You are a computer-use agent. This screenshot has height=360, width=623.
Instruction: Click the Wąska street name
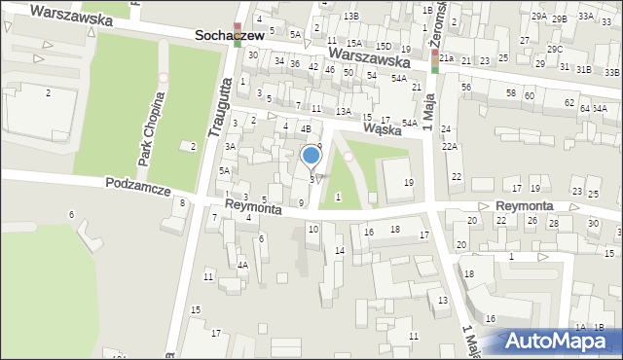point(384,126)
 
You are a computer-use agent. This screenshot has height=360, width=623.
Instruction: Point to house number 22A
point(449,146)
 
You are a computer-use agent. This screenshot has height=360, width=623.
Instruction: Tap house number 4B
point(305,128)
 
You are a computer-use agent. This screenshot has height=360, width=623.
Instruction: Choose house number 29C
point(554,49)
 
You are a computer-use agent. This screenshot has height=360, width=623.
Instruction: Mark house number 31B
point(583,70)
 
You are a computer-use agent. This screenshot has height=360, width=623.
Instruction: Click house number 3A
point(231,146)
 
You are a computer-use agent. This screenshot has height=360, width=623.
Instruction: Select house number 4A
point(243,265)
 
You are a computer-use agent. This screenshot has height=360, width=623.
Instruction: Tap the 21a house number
point(446,59)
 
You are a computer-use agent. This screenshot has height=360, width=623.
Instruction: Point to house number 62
point(568,102)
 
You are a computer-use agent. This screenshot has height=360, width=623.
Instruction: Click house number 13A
point(343,112)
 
